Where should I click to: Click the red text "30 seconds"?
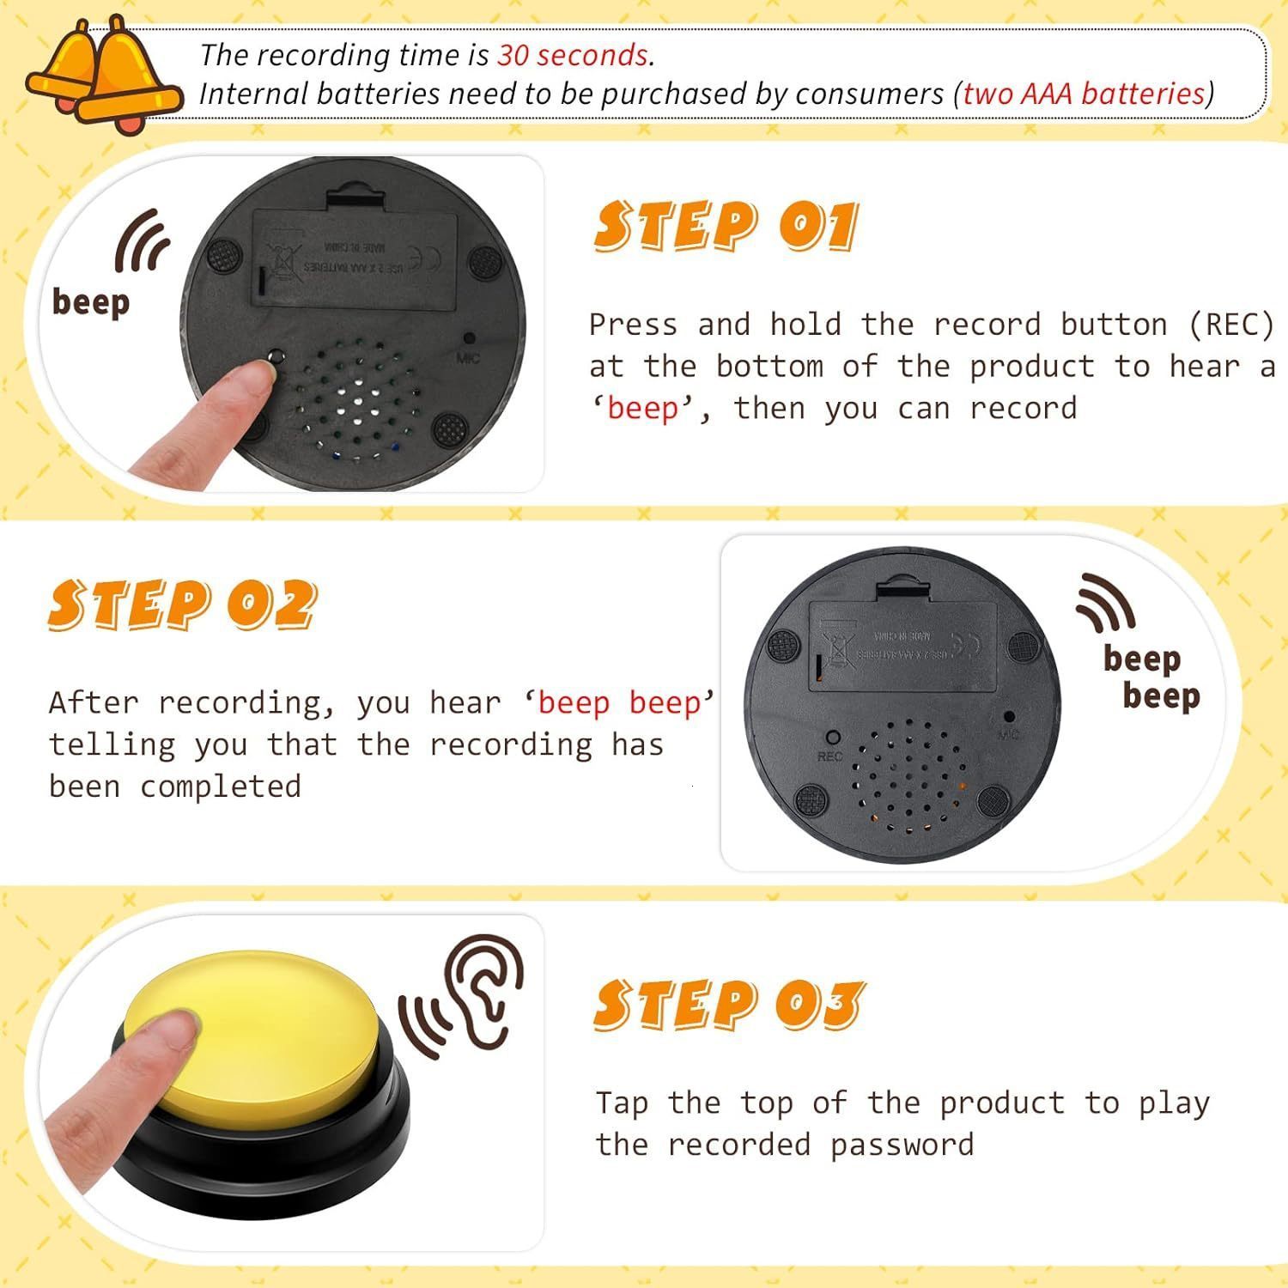(x=573, y=55)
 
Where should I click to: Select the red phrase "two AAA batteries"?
(x=1084, y=94)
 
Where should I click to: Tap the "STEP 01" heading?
(x=726, y=227)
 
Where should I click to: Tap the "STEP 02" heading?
(x=182, y=605)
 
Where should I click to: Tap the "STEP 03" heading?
(x=728, y=1004)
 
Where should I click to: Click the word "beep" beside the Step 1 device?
(x=91, y=302)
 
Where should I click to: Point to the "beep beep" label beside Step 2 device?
(x=1151, y=677)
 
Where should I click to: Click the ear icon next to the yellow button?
(x=486, y=987)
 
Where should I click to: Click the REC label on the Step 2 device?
(x=829, y=756)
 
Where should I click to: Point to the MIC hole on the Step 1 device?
(x=469, y=339)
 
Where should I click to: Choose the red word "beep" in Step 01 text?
(x=642, y=409)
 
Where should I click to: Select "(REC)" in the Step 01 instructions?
(x=1231, y=325)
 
